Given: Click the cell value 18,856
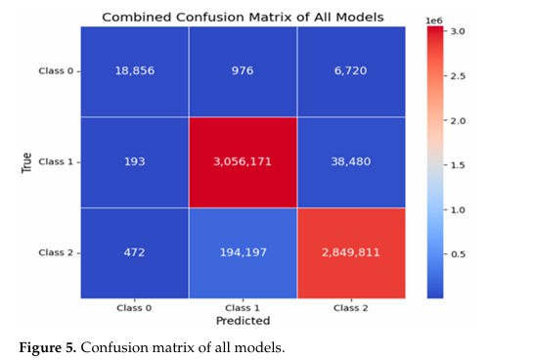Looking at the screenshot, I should tap(135, 71).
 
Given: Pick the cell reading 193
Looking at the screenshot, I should tap(135, 161).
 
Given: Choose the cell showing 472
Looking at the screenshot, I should tap(135, 251).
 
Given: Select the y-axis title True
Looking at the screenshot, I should tap(26, 161).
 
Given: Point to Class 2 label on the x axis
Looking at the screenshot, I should tap(349, 306).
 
